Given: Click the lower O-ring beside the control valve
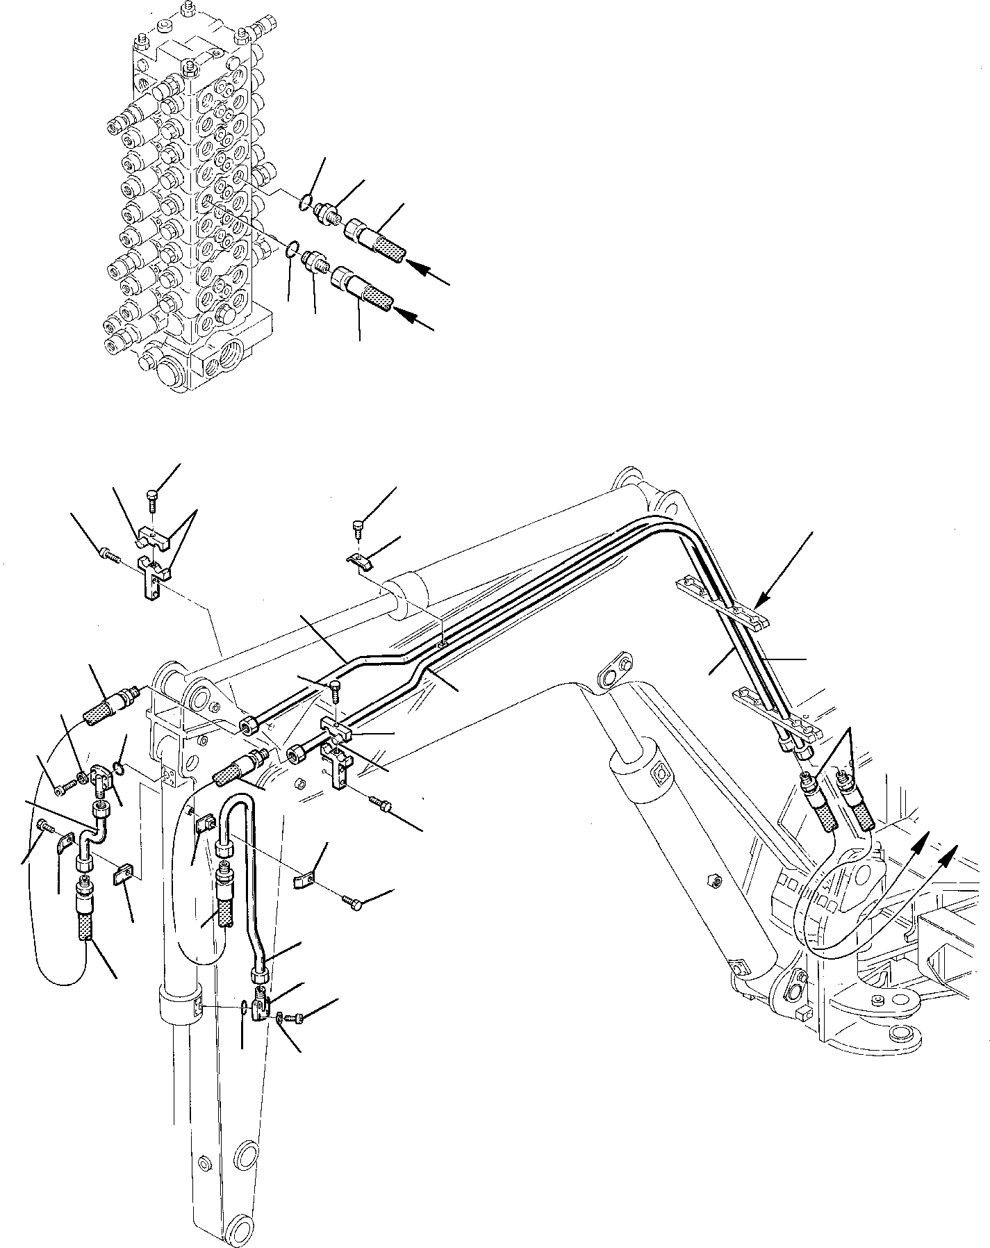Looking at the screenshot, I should click(x=293, y=247).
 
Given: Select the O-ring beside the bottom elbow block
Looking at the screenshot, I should click(x=243, y=1008).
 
